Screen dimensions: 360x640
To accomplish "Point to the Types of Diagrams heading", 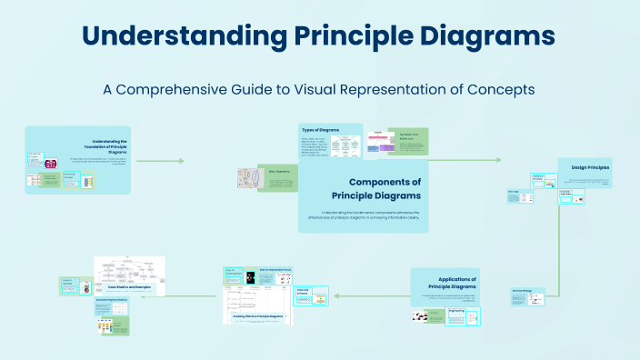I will coord(320,130).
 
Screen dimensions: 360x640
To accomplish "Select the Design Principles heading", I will coord(590,168).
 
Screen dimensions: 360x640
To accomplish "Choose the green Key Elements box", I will coord(277,177).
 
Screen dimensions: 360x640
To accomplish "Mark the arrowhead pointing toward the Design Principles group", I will coord(497,160).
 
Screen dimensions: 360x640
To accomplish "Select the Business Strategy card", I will coord(527,295).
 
